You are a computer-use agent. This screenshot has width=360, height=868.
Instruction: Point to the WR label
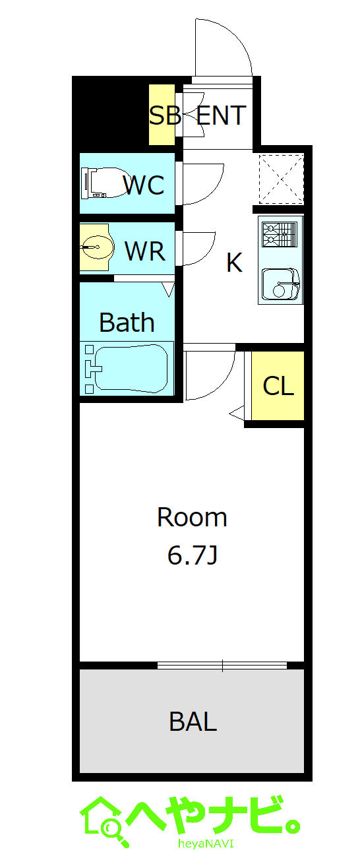(145, 251)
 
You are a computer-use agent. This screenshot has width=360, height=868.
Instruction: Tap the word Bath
(127, 322)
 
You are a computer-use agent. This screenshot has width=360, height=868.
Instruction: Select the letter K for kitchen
(235, 263)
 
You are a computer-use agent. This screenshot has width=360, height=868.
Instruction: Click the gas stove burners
(280, 234)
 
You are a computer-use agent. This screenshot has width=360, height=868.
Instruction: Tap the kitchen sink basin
(281, 284)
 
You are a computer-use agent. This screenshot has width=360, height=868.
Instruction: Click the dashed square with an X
(282, 179)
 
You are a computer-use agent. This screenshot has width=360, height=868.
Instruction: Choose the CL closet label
(278, 386)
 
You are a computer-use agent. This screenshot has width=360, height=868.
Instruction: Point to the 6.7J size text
(193, 555)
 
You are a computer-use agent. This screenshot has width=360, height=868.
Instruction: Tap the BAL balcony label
(193, 721)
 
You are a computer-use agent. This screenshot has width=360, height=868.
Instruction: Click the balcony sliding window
(222, 666)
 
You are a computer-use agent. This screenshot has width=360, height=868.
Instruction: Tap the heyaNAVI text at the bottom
(206, 854)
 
